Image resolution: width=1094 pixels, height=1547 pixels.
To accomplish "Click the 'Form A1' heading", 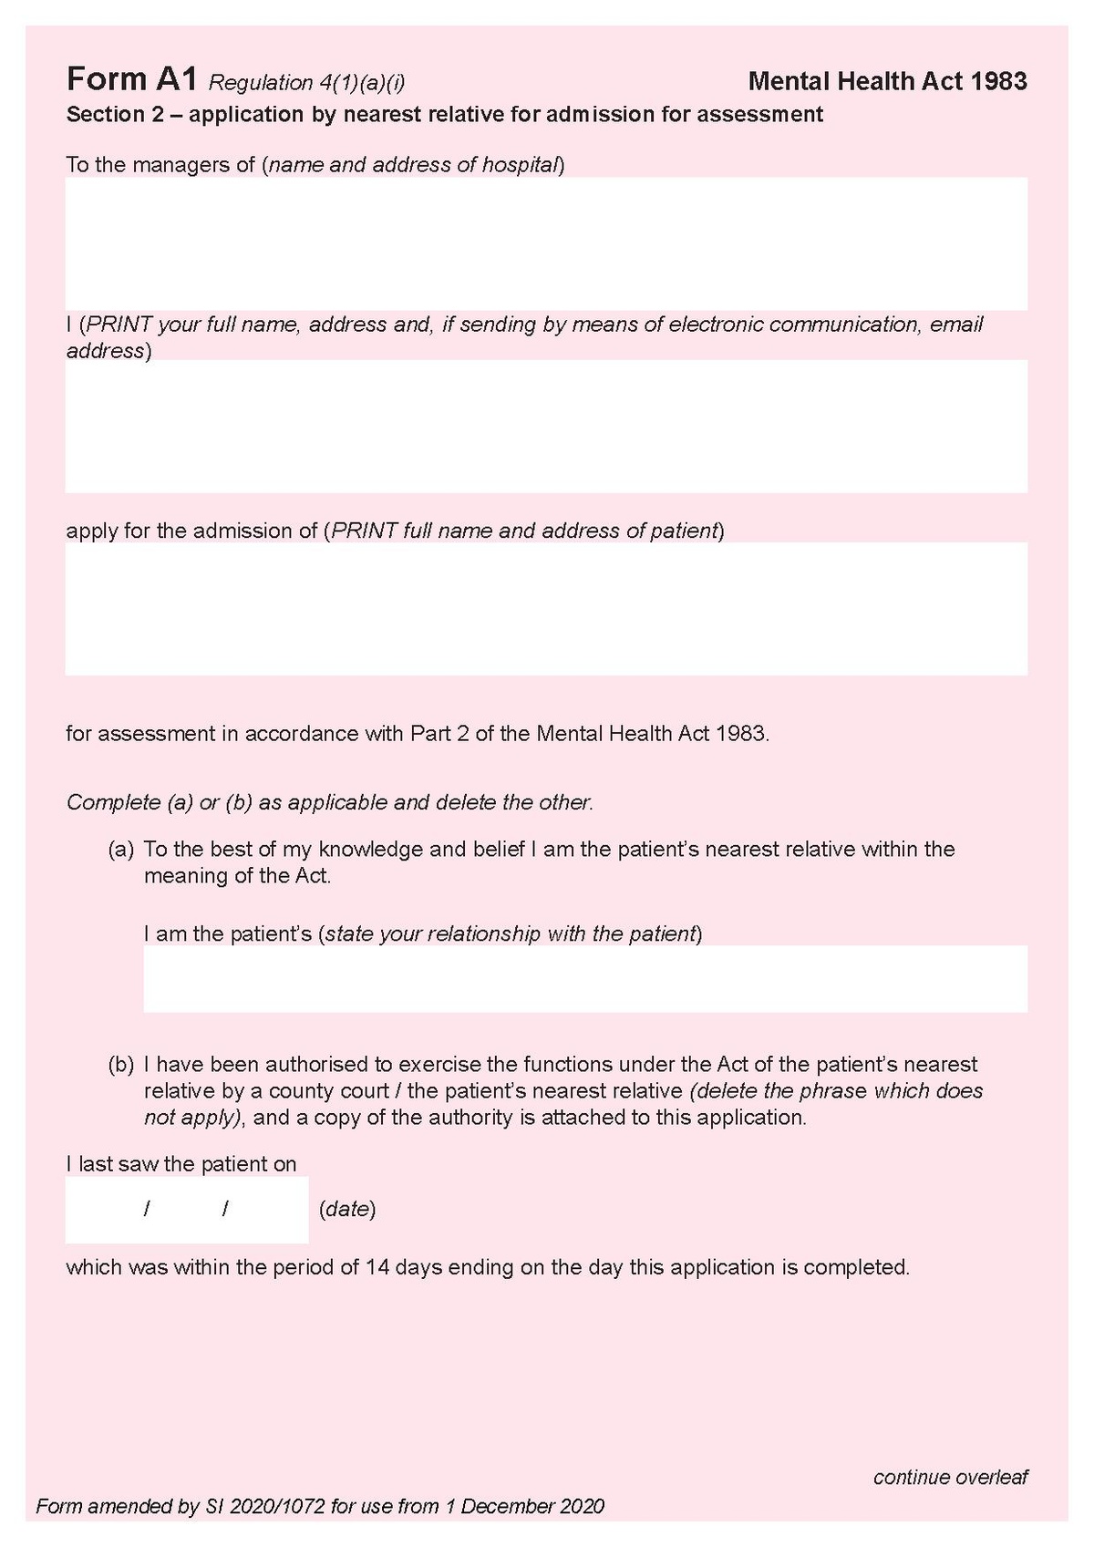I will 131,80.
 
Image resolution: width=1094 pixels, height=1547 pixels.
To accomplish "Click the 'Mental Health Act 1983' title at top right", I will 887,81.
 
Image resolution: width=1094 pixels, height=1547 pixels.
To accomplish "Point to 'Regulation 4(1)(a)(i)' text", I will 306,83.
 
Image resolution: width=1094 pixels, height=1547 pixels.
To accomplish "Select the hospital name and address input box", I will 546,243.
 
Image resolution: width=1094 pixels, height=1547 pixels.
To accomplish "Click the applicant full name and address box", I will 546,426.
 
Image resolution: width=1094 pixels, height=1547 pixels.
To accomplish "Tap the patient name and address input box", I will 546,608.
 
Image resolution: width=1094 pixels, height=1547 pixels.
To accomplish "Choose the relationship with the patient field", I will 584,978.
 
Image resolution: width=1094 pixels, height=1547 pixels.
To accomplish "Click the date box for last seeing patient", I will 186,1210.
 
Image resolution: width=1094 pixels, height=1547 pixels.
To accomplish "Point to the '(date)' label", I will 347,1210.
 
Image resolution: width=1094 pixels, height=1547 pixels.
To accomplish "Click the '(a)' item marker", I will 121,850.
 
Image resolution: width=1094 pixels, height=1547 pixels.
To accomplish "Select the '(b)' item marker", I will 121,1064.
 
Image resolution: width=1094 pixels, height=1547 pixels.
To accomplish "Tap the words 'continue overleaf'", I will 950,1477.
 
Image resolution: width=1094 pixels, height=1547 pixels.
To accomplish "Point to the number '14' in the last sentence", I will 377,1267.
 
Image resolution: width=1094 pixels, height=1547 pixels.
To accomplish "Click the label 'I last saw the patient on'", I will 181,1164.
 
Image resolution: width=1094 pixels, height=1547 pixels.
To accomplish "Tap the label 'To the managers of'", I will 160,165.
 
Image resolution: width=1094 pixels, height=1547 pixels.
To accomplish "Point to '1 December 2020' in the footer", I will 524,1506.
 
